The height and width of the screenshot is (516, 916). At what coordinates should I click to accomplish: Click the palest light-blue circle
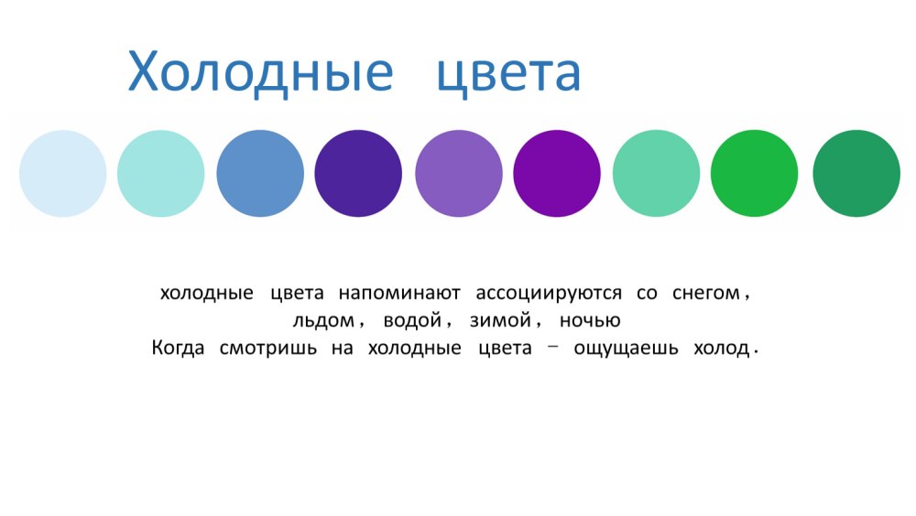63,173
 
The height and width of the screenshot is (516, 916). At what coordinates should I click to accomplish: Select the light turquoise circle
161,173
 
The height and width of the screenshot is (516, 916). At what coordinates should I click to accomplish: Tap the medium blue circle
260,173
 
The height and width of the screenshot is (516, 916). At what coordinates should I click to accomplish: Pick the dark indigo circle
359,173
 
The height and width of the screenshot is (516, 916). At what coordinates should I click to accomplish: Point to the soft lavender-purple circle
459,173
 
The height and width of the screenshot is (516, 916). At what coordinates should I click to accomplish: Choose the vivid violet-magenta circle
557,173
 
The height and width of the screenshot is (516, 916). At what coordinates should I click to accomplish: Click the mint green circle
657,173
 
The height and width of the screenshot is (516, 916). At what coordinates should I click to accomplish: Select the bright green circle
755,173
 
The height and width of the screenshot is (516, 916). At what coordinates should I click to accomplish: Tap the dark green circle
857,173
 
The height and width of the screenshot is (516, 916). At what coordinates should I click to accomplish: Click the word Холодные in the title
260,73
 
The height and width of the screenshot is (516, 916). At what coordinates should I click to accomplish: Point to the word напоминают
399,293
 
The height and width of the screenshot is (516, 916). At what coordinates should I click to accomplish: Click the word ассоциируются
549,294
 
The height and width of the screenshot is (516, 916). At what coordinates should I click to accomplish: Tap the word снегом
706,293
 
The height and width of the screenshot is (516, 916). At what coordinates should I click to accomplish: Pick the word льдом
323,320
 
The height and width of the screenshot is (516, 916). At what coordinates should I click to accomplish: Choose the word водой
412,320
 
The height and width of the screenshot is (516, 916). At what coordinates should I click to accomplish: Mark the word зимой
501,320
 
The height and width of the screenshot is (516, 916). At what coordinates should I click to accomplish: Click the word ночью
590,320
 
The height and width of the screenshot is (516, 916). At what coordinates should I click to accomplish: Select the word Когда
179,348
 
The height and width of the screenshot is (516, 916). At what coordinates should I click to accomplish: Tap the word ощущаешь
627,349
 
